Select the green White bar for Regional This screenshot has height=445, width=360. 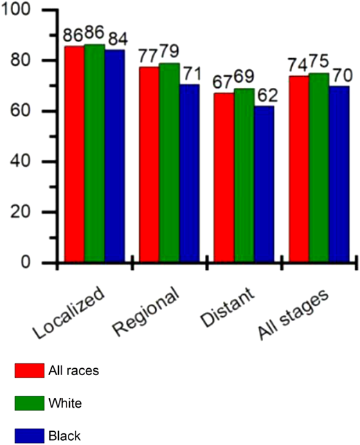coord(170,163)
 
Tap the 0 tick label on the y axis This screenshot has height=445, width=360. coord(28,263)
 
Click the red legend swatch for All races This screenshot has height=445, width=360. coord(27,371)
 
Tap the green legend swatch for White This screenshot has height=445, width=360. coord(27,401)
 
